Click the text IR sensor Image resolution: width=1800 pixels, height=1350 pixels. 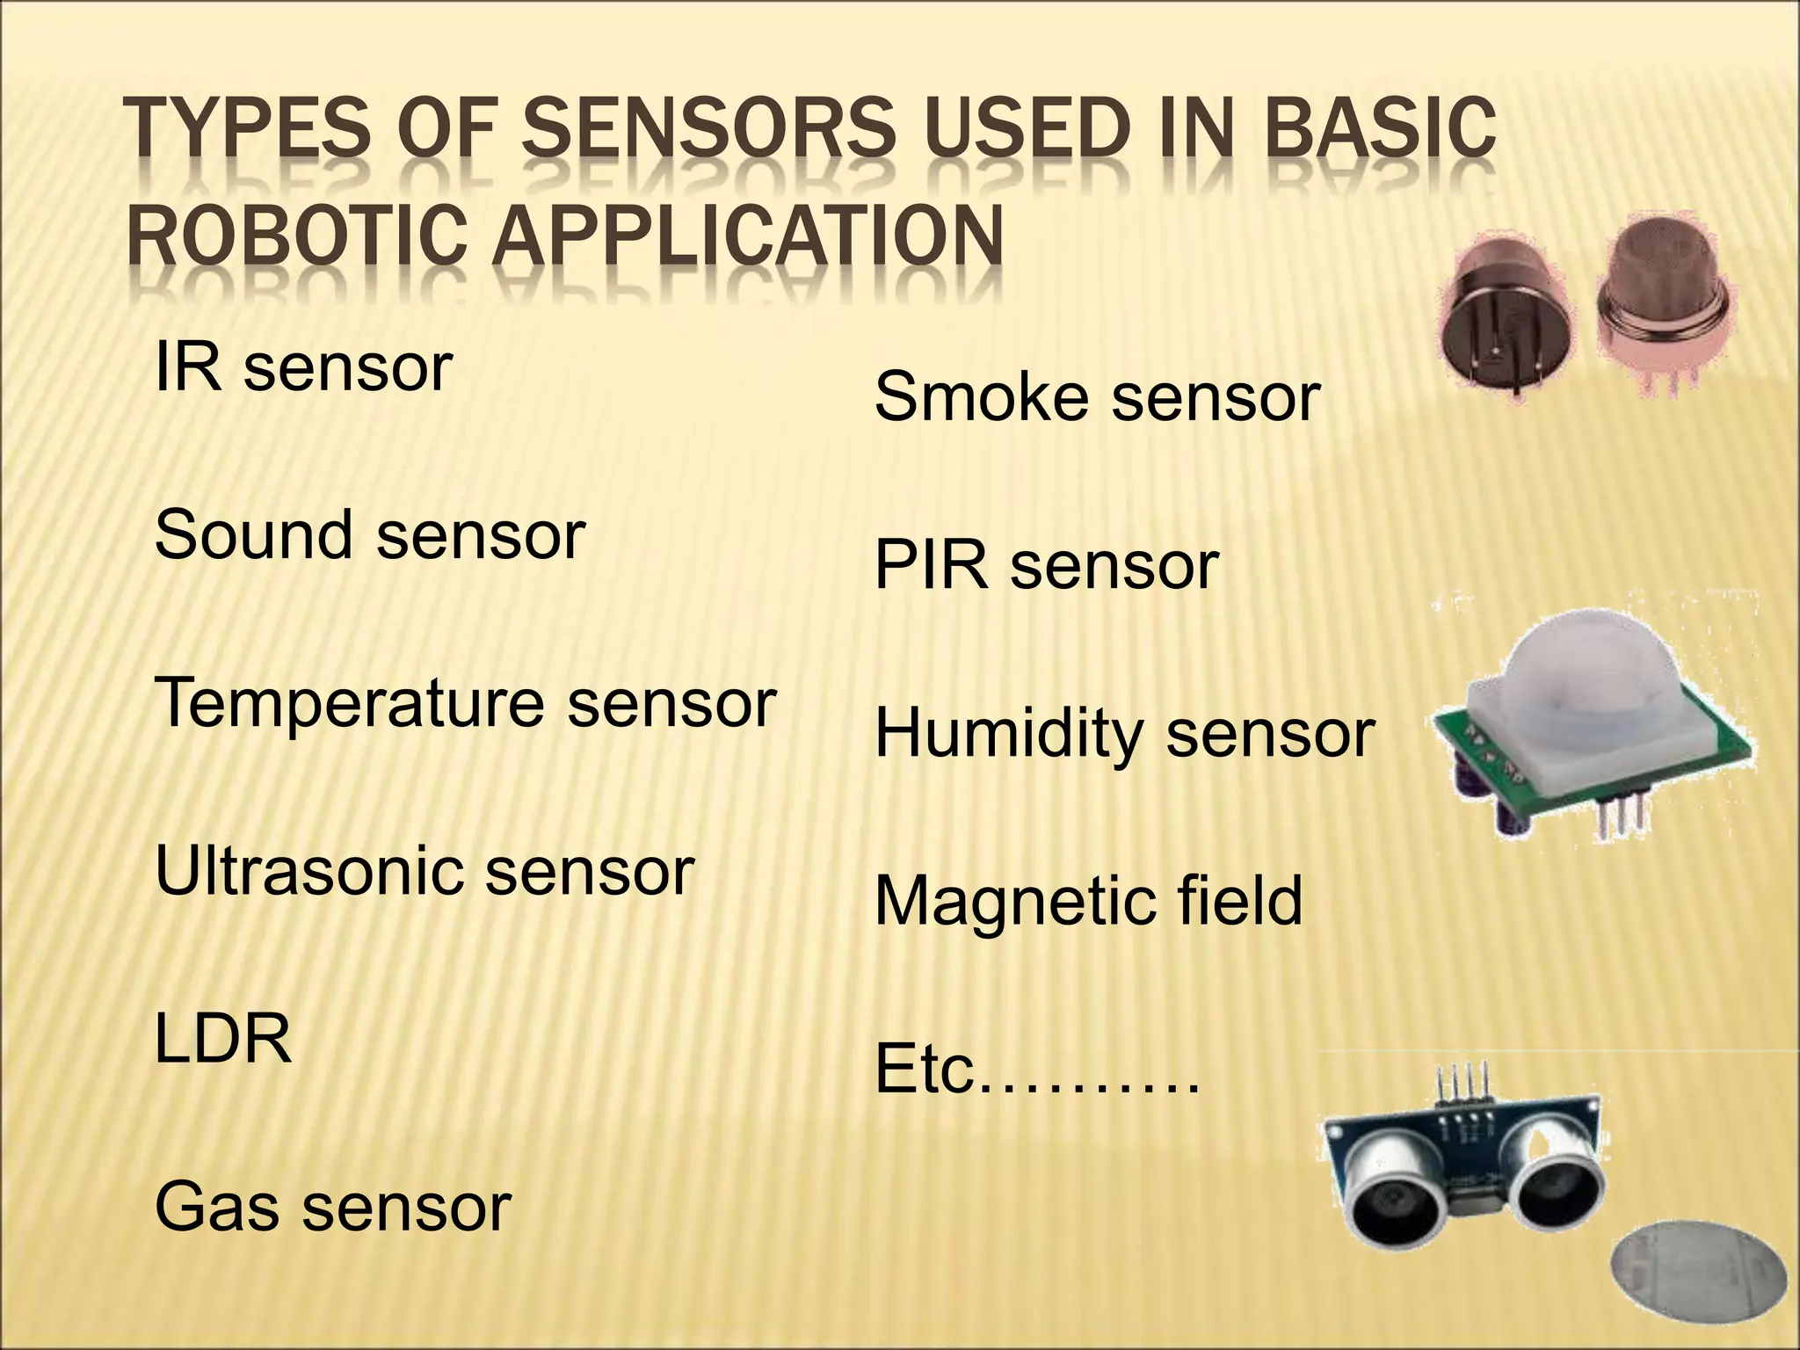click(x=302, y=369)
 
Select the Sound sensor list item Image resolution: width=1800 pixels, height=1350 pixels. click(x=369, y=536)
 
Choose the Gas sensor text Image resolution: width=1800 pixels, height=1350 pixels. click(x=332, y=1208)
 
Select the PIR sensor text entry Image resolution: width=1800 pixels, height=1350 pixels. click(x=1046, y=566)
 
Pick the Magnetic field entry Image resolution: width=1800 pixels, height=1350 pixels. click(x=1088, y=902)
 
